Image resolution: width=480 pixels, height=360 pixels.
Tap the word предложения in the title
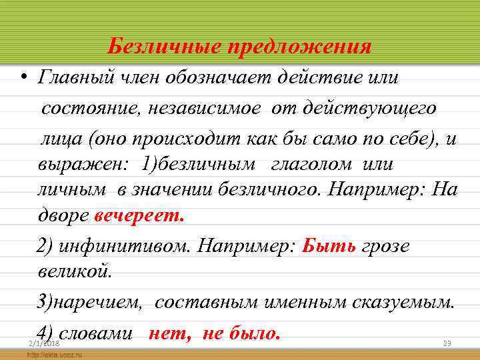click(300, 47)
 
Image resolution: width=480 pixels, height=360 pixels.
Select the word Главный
click(72, 78)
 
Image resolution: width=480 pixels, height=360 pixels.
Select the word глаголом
click(320, 164)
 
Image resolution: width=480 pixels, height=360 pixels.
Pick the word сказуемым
click(407, 303)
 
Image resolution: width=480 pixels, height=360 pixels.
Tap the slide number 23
click(447, 343)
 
